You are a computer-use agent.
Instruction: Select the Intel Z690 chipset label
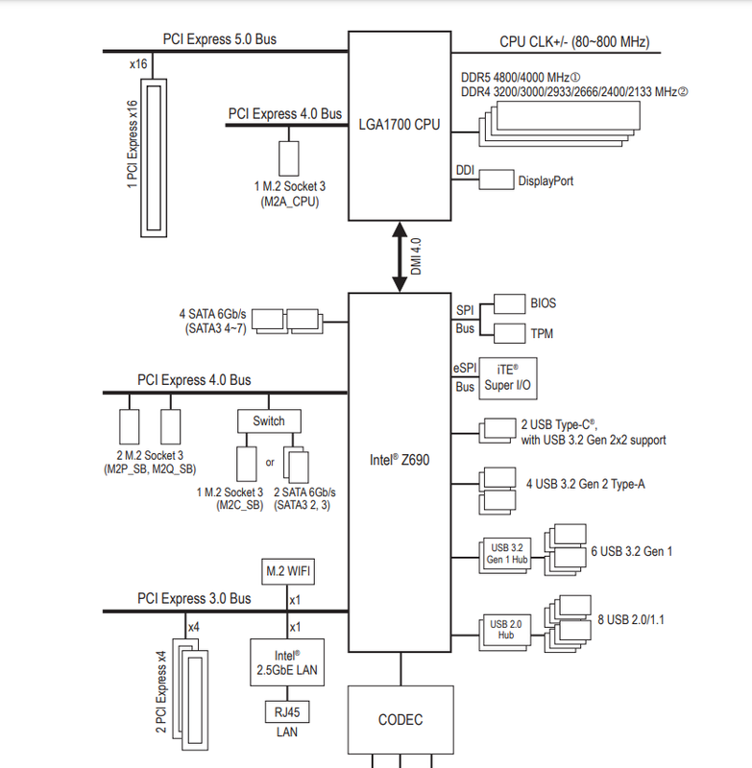400,460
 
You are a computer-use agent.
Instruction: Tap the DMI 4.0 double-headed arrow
400,257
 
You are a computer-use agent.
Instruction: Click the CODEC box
400,719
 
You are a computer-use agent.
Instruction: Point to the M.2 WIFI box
288,571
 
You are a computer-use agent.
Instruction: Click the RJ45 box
287,711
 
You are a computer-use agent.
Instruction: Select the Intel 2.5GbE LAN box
287,662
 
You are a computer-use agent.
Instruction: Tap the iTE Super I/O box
507,378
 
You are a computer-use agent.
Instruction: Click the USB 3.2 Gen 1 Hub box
505,556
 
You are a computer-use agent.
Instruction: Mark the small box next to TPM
510,333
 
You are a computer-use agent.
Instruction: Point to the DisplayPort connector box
497,180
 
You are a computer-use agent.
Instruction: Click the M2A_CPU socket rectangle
289,158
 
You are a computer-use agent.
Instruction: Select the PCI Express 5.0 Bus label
220,39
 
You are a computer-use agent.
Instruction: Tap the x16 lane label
138,64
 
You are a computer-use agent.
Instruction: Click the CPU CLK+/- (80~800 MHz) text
574,41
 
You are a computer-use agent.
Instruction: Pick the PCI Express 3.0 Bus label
194,598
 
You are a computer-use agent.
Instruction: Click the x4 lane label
194,627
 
